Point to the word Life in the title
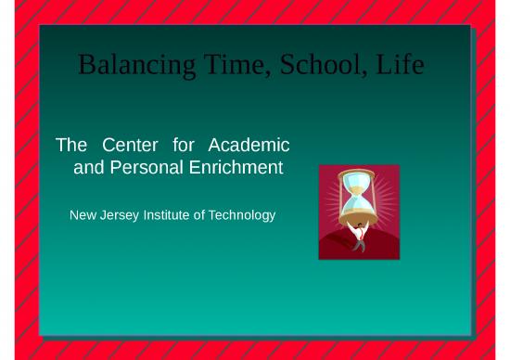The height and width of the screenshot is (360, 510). (401, 65)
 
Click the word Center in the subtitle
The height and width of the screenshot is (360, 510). (130, 145)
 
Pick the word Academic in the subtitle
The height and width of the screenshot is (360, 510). (249, 145)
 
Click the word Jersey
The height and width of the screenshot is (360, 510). (121, 215)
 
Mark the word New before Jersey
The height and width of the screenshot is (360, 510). (83, 215)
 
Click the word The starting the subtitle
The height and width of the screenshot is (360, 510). (71, 145)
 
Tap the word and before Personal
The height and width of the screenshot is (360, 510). (89, 168)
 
